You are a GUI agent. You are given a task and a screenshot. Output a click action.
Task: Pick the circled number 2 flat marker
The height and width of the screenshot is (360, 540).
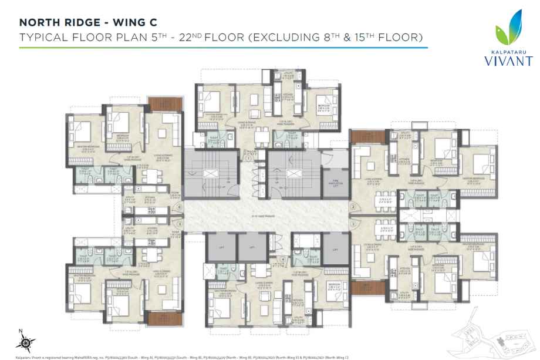click(x=353, y=207)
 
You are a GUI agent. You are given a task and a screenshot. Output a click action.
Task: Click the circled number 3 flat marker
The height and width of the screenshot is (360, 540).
click(x=353, y=224)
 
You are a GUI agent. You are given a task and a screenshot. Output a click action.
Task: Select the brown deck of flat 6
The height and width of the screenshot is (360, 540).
click(x=158, y=104)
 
